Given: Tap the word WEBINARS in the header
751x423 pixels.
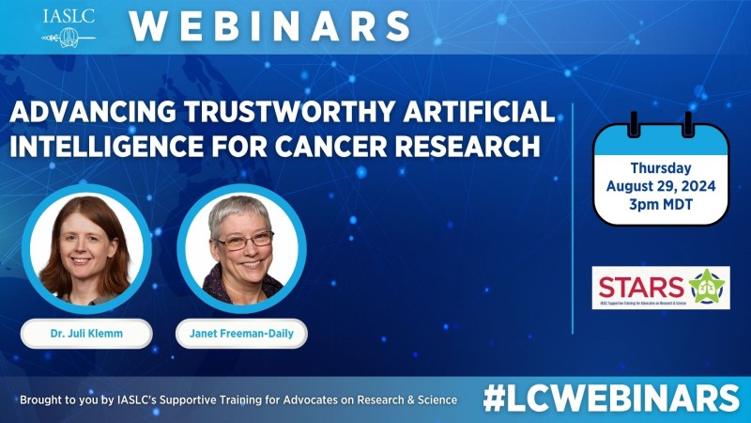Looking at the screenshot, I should (269, 25).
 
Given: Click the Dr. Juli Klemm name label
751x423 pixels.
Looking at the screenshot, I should (86, 333).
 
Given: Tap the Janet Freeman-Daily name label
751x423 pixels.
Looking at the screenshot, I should (242, 333).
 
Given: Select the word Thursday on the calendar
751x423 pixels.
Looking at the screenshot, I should (661, 168).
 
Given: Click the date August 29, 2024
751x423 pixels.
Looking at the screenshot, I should (661, 186).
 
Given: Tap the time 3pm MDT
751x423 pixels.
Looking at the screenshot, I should (661, 205).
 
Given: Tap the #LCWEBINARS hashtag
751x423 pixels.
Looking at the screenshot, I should (611, 398).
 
